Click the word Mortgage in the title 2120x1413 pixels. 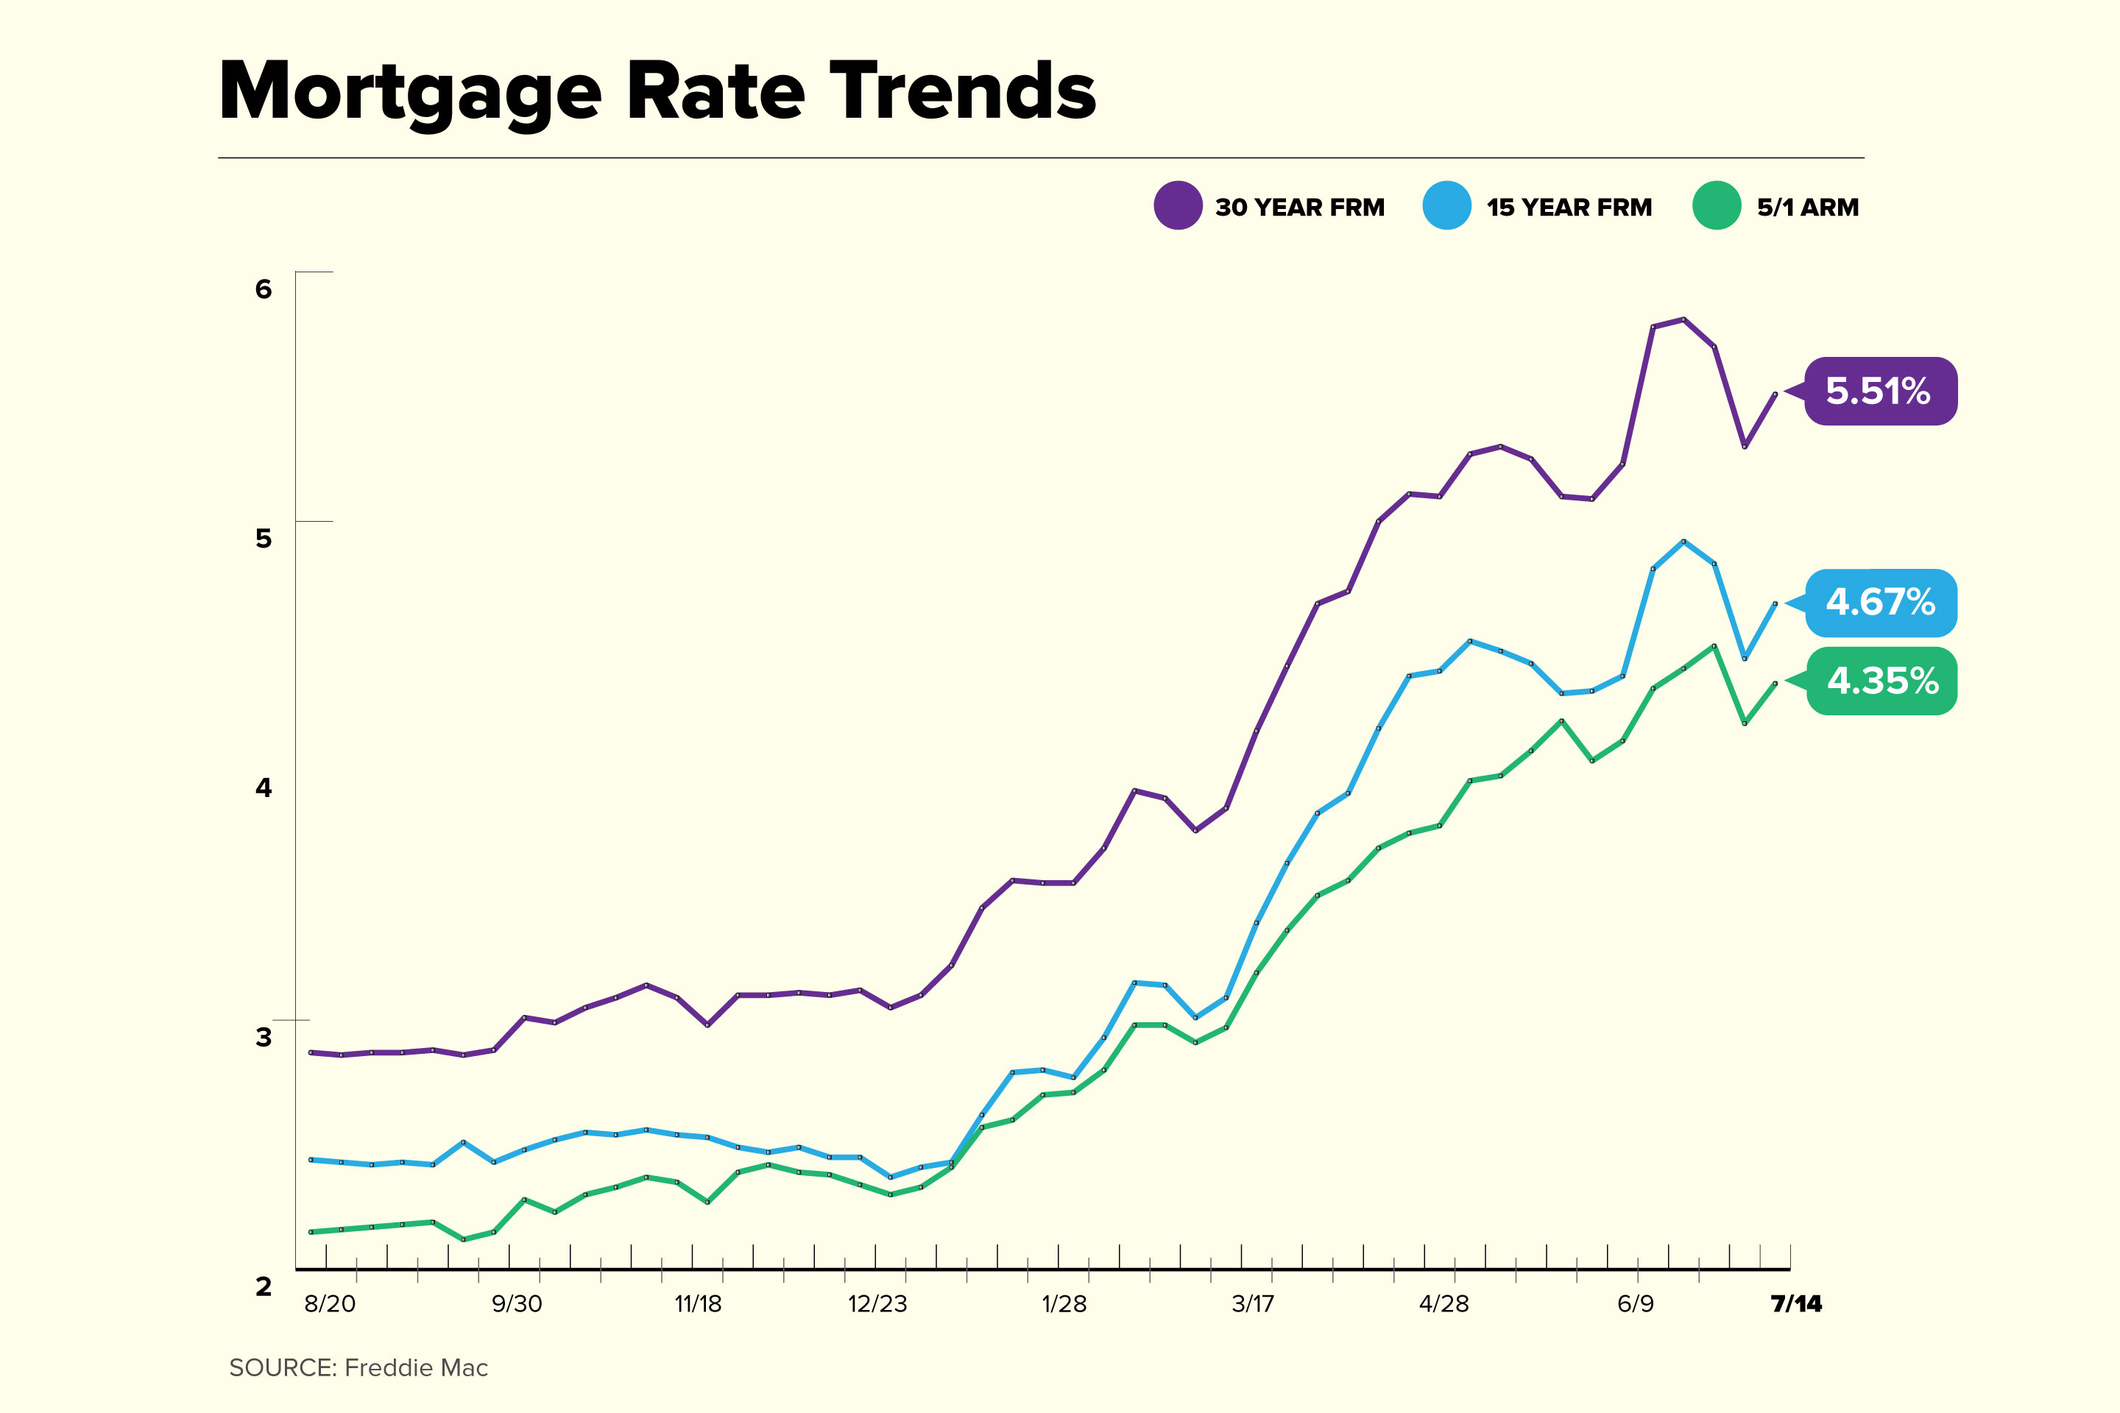[410, 92]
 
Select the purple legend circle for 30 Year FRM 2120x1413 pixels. [1178, 205]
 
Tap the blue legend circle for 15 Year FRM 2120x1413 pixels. [1446, 205]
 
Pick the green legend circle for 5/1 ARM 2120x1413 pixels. [1716, 205]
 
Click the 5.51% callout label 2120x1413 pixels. [1880, 391]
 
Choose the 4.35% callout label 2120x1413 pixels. [1882, 680]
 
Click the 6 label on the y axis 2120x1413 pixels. [264, 288]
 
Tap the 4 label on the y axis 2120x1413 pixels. [264, 787]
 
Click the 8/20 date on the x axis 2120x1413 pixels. [330, 1304]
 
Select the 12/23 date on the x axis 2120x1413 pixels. [877, 1304]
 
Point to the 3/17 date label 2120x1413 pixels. [1253, 1304]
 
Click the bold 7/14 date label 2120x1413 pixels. [1795, 1304]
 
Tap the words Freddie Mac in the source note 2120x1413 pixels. [417, 1368]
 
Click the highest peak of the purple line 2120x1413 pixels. [1683, 319]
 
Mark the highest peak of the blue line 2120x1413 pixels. [1683, 542]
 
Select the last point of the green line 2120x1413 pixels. [1775, 683]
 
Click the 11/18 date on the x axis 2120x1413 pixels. [698, 1304]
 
